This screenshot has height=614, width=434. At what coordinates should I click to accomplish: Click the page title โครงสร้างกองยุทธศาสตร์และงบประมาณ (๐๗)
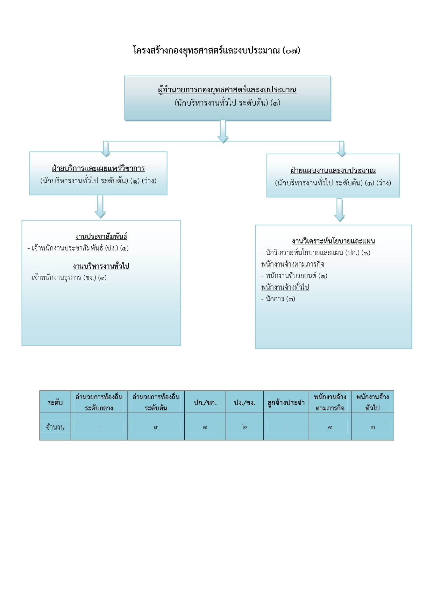216,50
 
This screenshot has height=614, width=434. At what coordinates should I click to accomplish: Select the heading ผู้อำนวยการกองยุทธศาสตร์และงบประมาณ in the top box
227,90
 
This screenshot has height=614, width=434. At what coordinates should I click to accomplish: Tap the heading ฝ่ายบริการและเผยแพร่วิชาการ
98,169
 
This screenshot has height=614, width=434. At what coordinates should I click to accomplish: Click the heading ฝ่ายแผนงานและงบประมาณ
333,171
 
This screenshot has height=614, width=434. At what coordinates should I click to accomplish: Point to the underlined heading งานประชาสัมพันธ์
101,237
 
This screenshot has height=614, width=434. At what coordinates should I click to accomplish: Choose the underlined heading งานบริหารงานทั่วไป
101,266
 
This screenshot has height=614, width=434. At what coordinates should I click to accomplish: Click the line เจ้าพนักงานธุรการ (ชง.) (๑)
67,278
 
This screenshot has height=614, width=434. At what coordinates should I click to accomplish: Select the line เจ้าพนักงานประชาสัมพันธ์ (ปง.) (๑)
78,248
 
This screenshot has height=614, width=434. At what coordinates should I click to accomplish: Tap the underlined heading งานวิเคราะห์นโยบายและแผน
333,241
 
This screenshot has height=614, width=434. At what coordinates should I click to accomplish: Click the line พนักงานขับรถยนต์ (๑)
294,276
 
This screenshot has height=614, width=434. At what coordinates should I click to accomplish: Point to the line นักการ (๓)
278,299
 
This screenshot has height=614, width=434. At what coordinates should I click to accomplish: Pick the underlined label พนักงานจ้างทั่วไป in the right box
285,287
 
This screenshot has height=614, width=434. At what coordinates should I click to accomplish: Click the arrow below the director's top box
223,132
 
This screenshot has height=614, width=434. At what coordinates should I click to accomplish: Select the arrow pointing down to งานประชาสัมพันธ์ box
100,207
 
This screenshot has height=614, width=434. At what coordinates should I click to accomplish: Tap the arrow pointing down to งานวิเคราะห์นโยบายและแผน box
339,210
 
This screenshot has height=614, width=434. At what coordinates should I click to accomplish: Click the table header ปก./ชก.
205,403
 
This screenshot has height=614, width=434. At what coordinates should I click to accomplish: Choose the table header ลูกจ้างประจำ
286,403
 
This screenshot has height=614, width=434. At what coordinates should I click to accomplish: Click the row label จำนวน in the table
55,427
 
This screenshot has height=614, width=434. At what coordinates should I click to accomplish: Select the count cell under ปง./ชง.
244,427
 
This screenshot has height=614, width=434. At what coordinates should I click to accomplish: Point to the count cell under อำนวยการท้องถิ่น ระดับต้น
156,427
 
